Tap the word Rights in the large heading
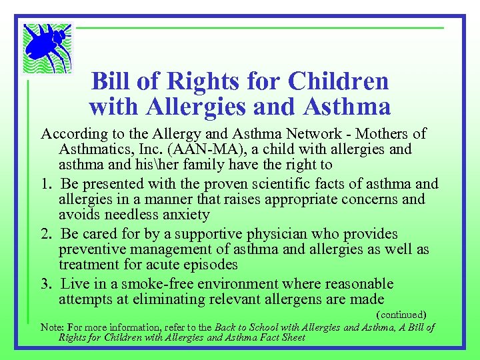point(205,81)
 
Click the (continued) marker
point(401,314)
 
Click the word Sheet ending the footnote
point(292,337)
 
